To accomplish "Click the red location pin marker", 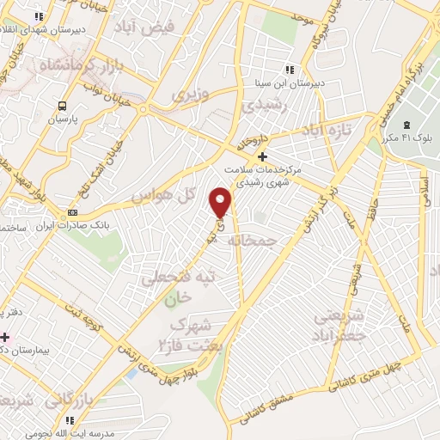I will tap(221, 203).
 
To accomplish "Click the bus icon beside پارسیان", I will tap(61, 106).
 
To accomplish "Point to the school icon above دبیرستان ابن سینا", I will tap(290, 69).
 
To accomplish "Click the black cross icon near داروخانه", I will tap(263, 157).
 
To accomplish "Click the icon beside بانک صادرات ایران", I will tap(72, 212).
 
